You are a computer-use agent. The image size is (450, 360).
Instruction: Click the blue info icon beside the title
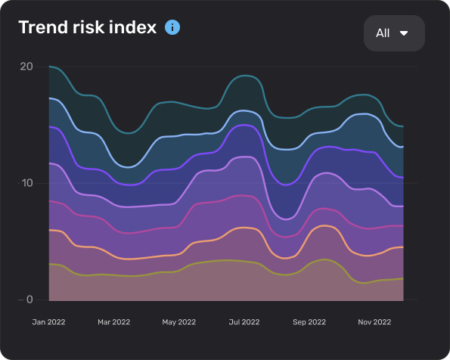(x=172, y=28)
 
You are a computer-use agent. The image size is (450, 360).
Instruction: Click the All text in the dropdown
(x=383, y=33)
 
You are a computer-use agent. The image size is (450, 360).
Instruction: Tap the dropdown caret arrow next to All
(x=404, y=33)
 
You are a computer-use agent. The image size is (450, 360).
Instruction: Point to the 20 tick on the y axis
(x=26, y=67)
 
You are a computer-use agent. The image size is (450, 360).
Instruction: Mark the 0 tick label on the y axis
(x=29, y=299)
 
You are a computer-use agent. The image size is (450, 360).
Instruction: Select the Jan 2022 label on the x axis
(x=49, y=321)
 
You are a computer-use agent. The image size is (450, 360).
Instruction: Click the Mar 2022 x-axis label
(x=114, y=321)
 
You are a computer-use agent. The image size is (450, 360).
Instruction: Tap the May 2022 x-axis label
(x=178, y=321)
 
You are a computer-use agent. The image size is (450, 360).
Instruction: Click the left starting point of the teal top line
(x=49, y=67)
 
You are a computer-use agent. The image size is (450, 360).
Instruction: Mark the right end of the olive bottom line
(x=403, y=278)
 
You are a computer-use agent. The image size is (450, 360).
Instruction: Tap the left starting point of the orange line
(x=49, y=230)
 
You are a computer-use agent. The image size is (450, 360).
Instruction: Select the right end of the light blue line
(x=403, y=147)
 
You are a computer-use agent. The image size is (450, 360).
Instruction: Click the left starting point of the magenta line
(x=49, y=201)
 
